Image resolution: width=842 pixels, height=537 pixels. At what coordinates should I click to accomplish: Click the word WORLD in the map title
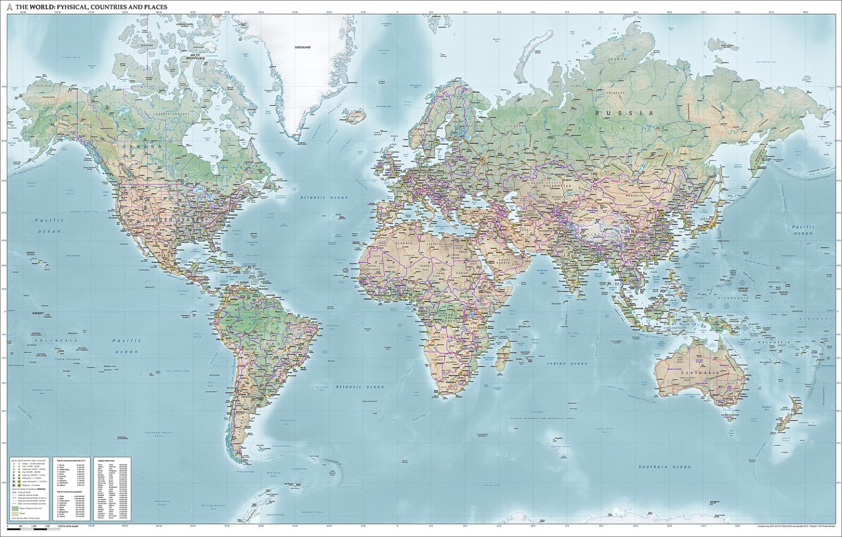[40, 7]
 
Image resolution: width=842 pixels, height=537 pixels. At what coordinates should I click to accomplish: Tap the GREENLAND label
[303, 48]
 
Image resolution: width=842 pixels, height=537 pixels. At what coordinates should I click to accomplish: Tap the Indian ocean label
[567, 363]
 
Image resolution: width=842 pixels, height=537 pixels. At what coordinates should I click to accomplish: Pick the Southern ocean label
[664, 466]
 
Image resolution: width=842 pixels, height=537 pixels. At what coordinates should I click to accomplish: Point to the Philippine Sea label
[701, 265]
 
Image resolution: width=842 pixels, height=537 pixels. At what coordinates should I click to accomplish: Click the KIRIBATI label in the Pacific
[38, 313]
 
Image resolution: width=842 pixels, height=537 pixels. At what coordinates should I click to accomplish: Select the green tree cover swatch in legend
[15, 509]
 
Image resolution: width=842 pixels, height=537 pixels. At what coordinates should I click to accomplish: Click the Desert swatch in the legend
[15, 515]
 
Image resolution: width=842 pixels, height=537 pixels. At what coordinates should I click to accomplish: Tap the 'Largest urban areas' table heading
[105, 462]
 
